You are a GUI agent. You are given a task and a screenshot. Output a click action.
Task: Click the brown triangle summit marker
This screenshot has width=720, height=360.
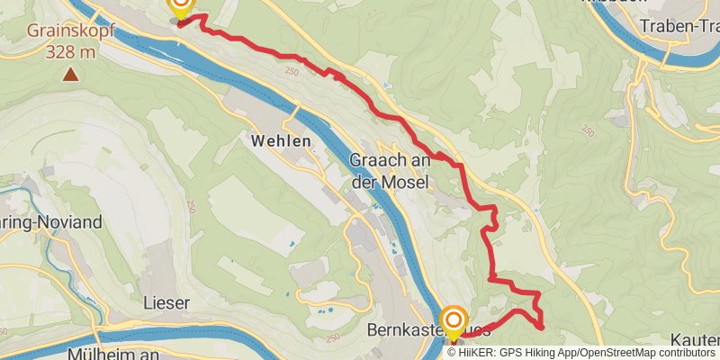pos(69,74)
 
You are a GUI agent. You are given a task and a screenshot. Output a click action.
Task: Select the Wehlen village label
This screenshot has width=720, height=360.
pos(281,141)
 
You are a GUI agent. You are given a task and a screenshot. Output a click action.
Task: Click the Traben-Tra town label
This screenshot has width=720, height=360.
pos(679,27)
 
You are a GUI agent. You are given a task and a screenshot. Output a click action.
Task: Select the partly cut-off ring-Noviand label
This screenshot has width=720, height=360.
pos(49,221)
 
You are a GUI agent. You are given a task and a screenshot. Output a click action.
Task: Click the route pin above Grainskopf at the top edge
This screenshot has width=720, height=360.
pos(181,7)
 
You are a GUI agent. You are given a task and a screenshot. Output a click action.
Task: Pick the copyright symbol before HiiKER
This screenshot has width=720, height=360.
pos(453,352)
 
